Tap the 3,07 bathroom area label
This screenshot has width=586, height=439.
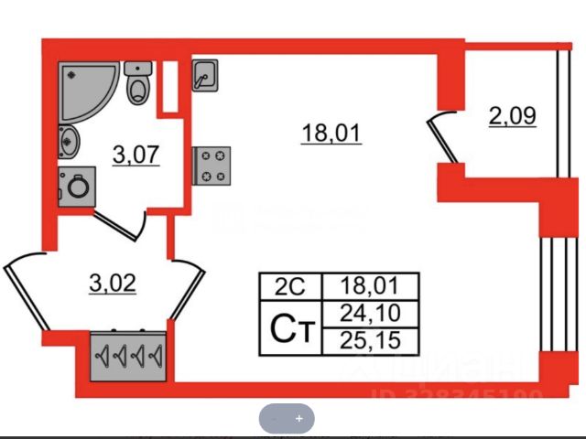[136, 155]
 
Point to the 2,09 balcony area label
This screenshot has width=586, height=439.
[512, 116]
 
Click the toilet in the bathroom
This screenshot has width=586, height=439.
[138, 84]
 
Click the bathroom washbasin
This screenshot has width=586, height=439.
[68, 143]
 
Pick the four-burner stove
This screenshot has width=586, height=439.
[212, 166]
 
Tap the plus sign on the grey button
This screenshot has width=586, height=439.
[298, 418]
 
